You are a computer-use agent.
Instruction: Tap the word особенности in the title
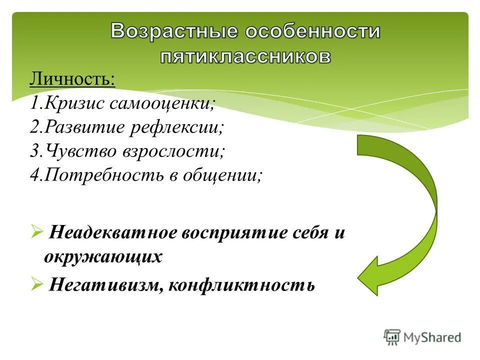click(x=312, y=32)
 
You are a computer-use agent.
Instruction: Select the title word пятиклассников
click(x=245, y=56)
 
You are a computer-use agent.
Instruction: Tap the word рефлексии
click(x=177, y=128)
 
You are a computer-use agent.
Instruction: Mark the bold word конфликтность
click(x=242, y=285)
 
